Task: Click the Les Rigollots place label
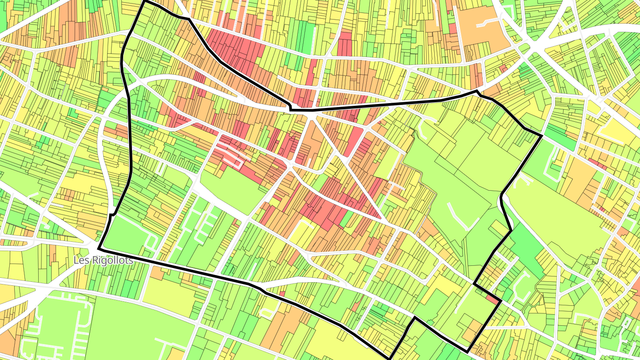coord(103,260)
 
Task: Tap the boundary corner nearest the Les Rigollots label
coord(99,248)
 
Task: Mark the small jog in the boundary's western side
coord(111,215)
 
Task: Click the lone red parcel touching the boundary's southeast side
coord(492,299)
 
